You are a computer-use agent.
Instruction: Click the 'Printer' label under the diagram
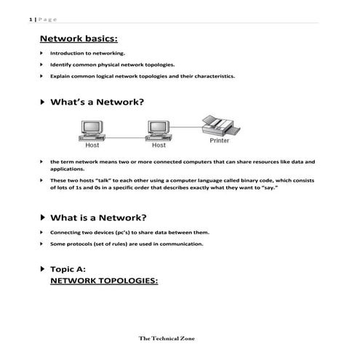(219, 140)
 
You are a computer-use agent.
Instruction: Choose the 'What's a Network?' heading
(97, 103)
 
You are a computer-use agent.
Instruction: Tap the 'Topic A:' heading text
(73, 269)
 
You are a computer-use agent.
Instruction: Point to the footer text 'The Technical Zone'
(167, 338)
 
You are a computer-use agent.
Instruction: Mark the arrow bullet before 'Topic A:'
(42, 269)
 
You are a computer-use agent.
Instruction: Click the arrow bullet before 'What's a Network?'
(42, 103)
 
